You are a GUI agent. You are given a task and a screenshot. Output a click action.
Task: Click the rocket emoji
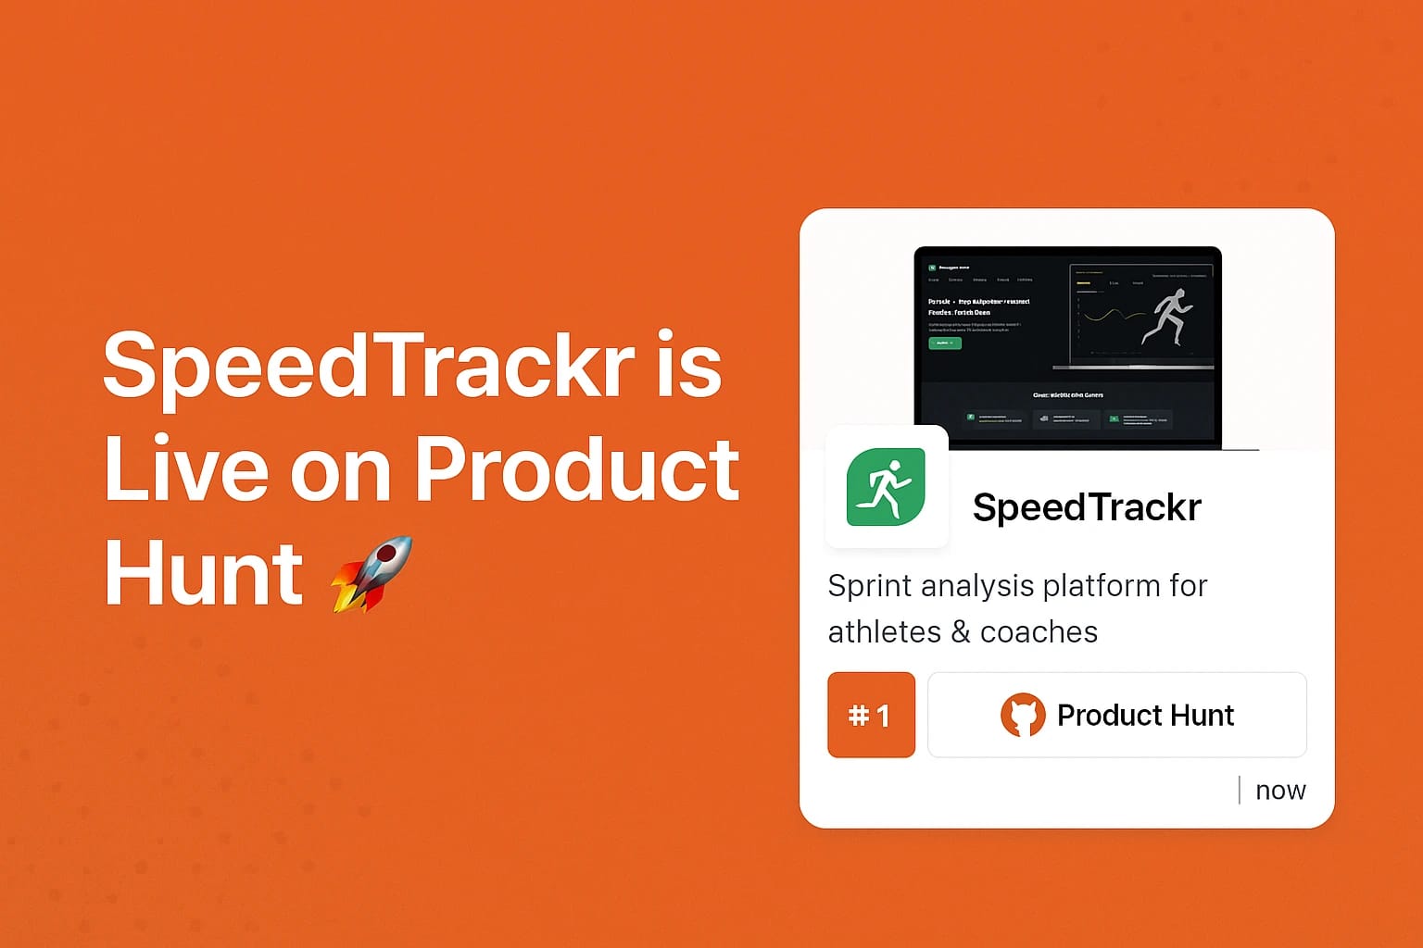[371, 574]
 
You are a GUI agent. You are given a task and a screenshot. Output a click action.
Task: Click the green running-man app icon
[886, 487]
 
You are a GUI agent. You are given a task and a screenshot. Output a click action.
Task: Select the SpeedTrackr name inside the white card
[1087, 507]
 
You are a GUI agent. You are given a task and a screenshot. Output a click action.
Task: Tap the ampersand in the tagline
[961, 632]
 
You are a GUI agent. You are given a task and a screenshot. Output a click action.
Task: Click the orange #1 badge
[871, 715]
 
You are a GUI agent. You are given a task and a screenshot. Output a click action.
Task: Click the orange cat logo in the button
[1023, 716]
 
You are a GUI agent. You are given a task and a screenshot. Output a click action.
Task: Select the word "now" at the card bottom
[1280, 791]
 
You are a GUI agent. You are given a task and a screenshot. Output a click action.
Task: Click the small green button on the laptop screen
[945, 343]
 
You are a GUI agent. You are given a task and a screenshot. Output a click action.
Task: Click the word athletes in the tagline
[884, 632]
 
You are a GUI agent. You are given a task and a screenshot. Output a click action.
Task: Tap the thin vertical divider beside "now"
[1240, 790]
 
